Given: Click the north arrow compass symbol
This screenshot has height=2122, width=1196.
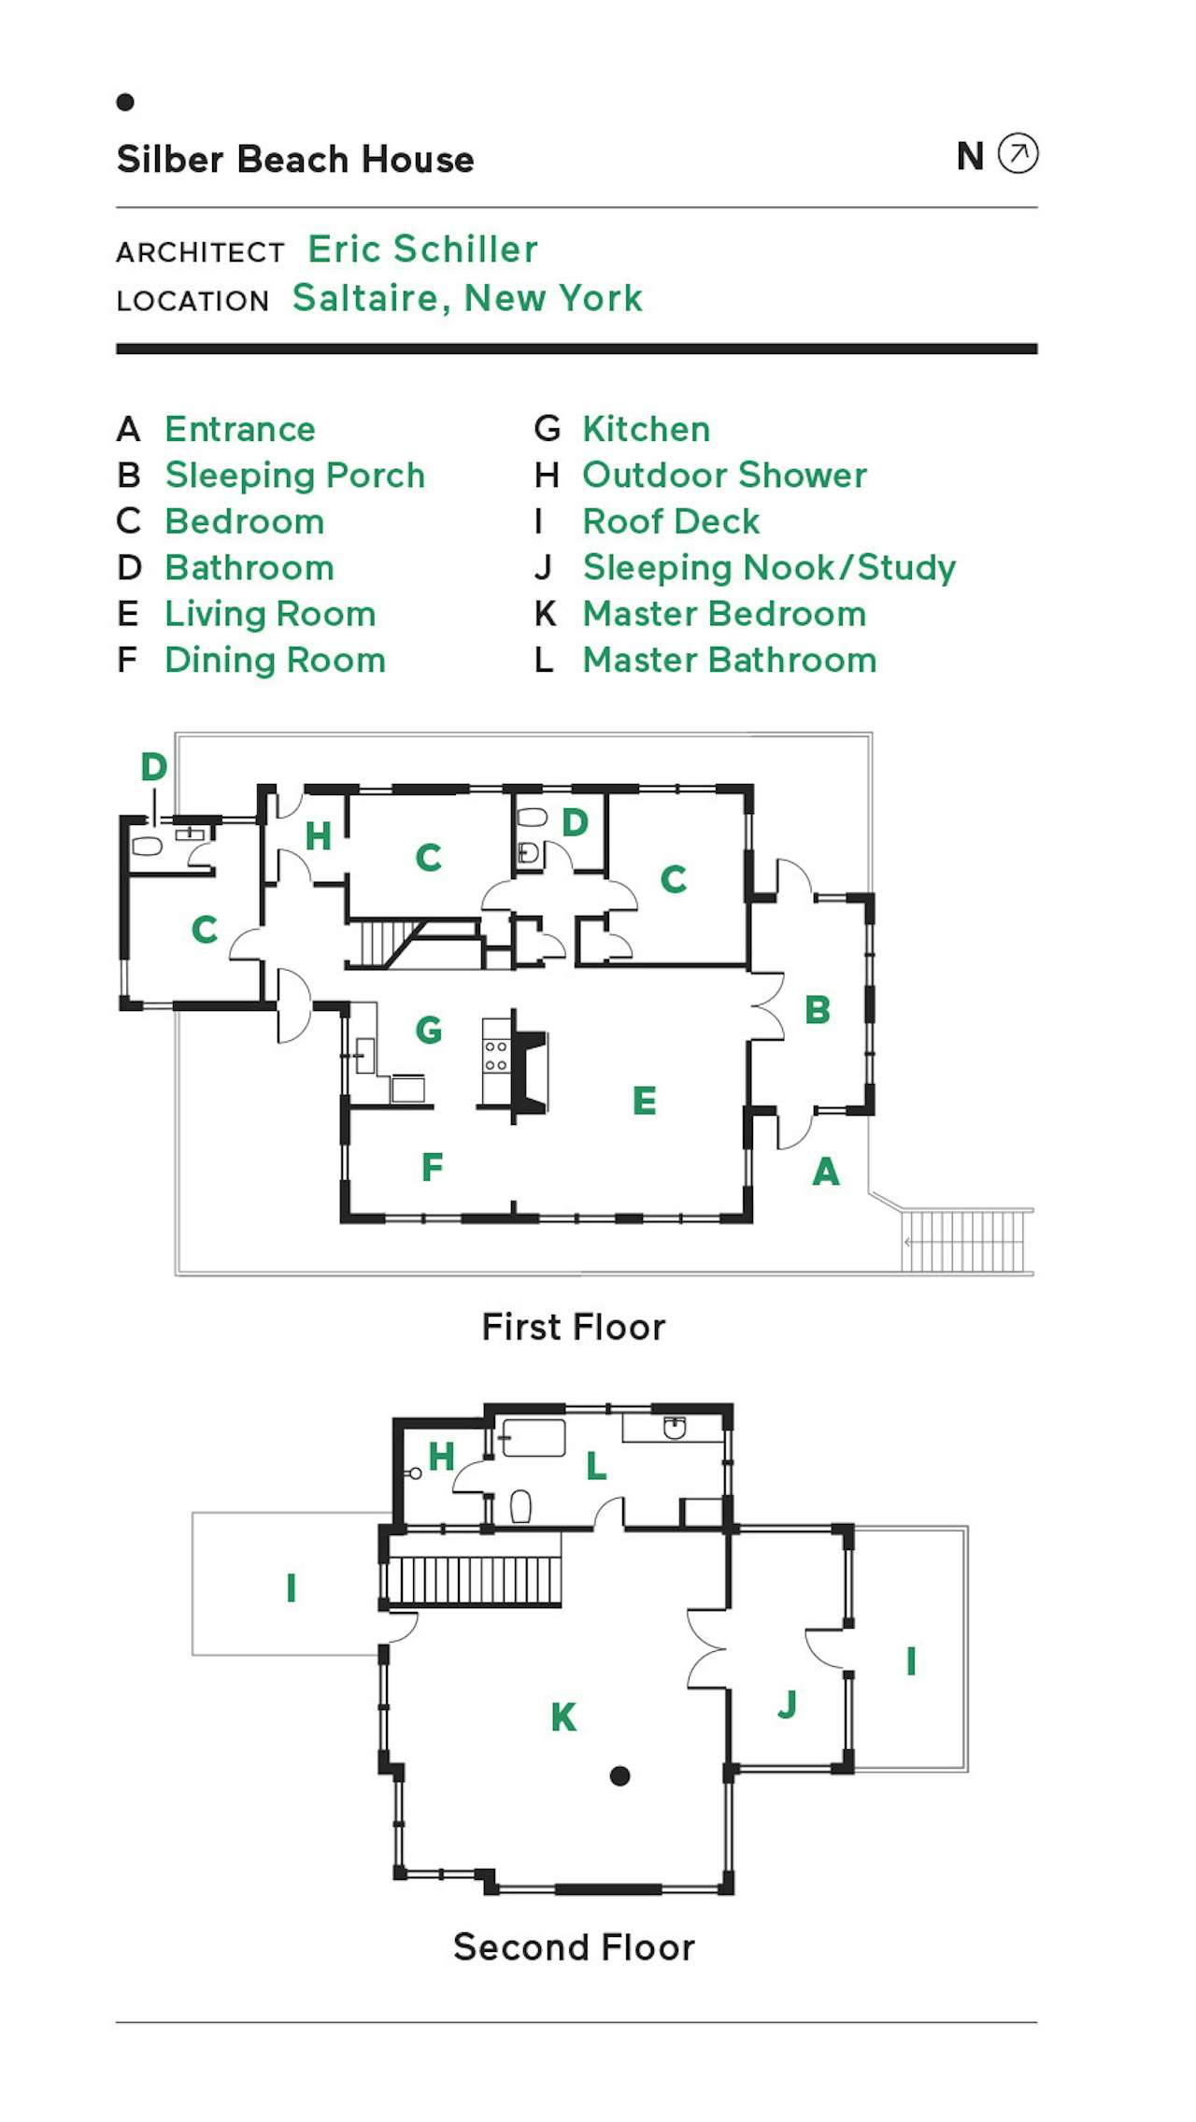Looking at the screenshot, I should [x=1018, y=153].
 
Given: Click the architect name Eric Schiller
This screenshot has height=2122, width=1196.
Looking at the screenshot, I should [x=422, y=249].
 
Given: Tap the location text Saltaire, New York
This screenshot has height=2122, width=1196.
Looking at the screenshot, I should [x=467, y=298].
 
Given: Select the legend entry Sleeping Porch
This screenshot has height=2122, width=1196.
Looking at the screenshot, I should [x=294, y=476].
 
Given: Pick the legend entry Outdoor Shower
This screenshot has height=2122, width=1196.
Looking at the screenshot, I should [x=724, y=476].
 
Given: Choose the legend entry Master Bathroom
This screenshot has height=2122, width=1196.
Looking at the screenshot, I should [x=729, y=661].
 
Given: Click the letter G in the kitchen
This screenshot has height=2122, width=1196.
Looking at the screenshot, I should [x=429, y=1030].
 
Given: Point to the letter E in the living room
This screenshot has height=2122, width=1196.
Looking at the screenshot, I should [x=644, y=1101].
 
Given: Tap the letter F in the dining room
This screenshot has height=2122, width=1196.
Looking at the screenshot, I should [x=432, y=1167].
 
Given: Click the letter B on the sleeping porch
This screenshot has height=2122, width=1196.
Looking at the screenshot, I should [x=818, y=1010].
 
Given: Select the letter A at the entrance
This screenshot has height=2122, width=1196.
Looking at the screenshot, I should [x=826, y=1172].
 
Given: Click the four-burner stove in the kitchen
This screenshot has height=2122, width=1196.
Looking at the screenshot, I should [x=495, y=1057].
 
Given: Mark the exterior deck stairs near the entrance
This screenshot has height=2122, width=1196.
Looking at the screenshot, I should [x=964, y=1241].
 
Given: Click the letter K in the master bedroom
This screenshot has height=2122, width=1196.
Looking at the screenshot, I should [x=563, y=1717].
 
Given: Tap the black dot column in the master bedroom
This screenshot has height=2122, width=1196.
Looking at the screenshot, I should [x=619, y=1776].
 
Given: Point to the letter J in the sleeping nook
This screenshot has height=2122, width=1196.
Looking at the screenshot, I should [x=788, y=1703].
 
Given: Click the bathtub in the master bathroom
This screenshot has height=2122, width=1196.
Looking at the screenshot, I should [x=533, y=1438].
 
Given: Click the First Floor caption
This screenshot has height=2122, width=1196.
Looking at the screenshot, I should [x=573, y=1327].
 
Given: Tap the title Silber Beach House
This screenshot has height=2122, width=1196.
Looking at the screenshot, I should [x=295, y=160].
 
